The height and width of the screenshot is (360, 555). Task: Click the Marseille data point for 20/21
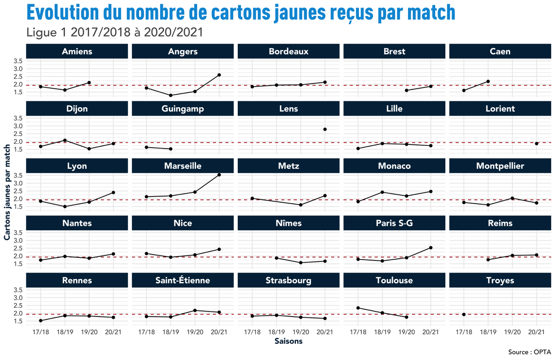(219, 175)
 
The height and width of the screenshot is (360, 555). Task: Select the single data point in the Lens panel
(325, 129)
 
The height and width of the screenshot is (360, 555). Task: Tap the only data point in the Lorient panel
(536, 143)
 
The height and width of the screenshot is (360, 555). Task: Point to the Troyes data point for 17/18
(464, 314)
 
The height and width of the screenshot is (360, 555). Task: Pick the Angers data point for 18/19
(171, 95)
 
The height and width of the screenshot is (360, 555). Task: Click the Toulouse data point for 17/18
(358, 308)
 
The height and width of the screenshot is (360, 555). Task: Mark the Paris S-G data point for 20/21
(431, 248)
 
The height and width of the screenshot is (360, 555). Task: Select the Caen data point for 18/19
(488, 81)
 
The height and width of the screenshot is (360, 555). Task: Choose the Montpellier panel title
(500, 166)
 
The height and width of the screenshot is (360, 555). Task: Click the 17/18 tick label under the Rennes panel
(41, 332)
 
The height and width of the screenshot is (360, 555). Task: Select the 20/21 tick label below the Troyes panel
(536, 332)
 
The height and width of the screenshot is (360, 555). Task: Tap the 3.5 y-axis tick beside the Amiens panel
(18, 61)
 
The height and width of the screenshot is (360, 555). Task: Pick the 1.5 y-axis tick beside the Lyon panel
(18, 206)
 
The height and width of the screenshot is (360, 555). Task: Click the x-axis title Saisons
(289, 341)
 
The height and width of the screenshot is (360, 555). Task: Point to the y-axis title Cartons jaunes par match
(7, 192)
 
